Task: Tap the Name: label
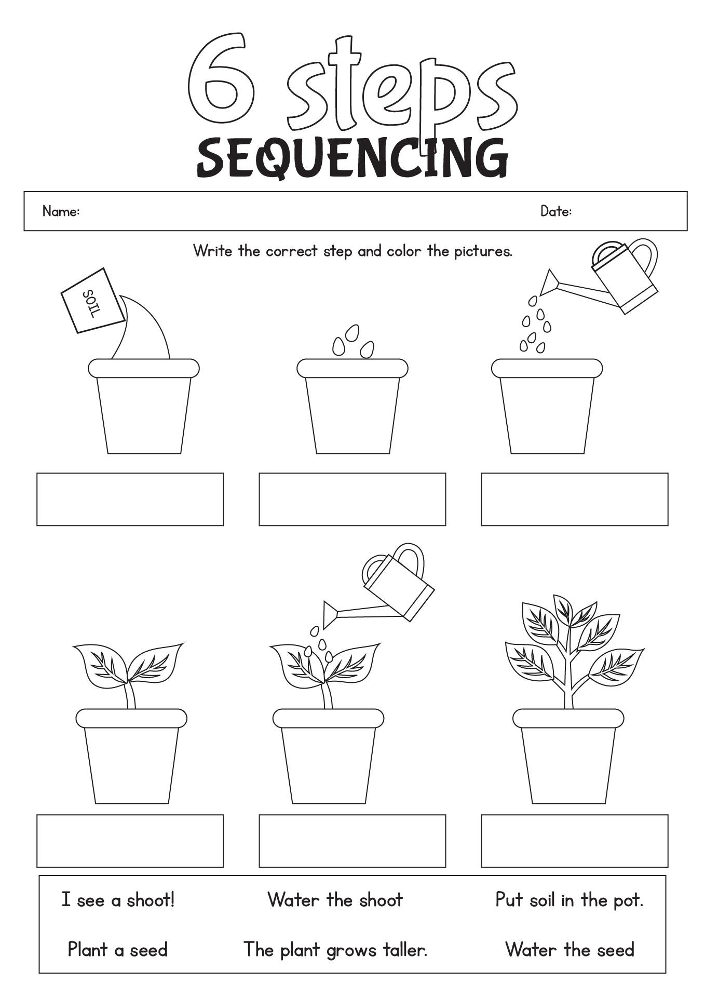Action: pyautogui.click(x=61, y=211)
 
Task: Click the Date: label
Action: pyautogui.click(x=555, y=211)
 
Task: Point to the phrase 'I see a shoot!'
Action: pyautogui.click(x=118, y=899)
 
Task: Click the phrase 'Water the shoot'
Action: pyautogui.click(x=335, y=899)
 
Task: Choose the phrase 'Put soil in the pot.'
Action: pyautogui.click(x=569, y=899)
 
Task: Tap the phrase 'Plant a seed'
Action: pyautogui.click(x=118, y=950)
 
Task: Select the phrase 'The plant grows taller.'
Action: pyautogui.click(x=335, y=950)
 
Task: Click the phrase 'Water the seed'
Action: pyautogui.click(x=570, y=950)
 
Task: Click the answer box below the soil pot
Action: pyautogui.click(x=130, y=499)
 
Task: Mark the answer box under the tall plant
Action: pyautogui.click(x=574, y=841)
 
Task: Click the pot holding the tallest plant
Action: pyautogui.click(x=568, y=758)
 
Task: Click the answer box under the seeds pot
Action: pyautogui.click(x=352, y=499)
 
